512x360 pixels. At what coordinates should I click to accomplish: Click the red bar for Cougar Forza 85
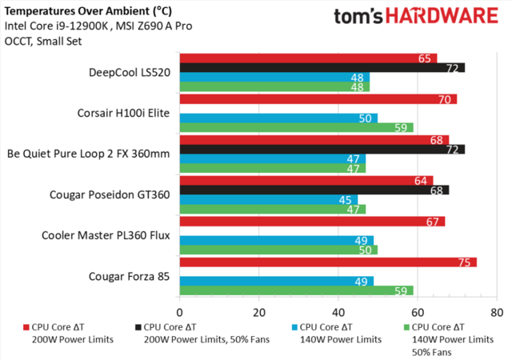click(x=328, y=262)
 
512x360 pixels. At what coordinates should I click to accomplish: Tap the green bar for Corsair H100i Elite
click(x=296, y=127)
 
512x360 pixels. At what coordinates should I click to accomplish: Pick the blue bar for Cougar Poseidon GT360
click(x=268, y=200)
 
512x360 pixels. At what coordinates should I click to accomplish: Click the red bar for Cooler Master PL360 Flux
click(x=312, y=221)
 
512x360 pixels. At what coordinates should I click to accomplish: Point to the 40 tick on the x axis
click(x=338, y=310)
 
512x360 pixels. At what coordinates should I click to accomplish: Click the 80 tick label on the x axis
click(x=497, y=310)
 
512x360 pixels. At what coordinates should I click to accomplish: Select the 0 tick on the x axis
click(x=180, y=310)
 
